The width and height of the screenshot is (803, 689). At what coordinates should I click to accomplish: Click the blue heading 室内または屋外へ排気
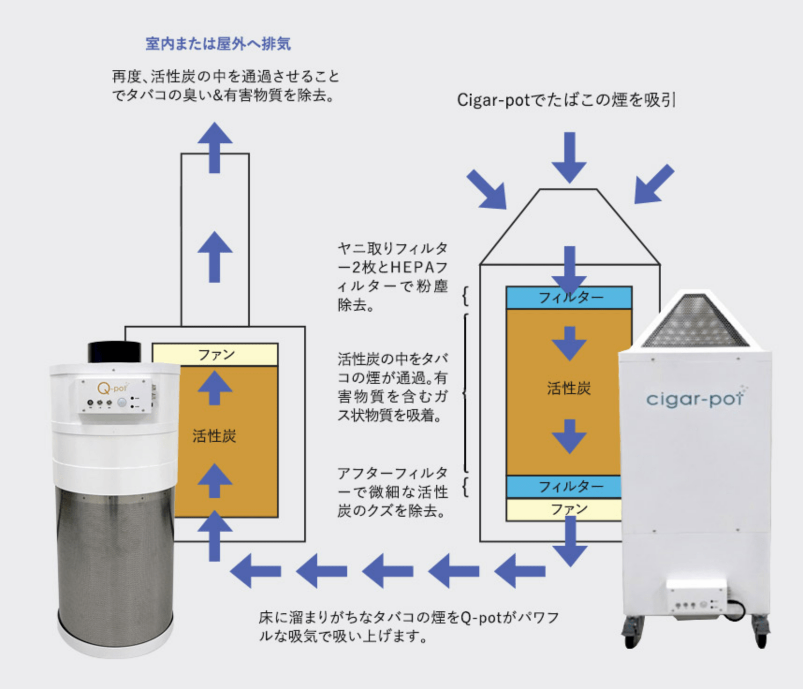pyautogui.click(x=218, y=44)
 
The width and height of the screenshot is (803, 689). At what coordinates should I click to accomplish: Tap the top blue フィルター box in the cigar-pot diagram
pyautogui.click(x=569, y=298)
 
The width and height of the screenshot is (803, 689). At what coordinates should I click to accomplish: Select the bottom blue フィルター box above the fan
pyautogui.click(x=564, y=487)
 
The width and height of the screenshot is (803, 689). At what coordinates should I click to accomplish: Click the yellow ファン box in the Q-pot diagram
pyautogui.click(x=216, y=355)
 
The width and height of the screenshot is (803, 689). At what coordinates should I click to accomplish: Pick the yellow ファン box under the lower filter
pyautogui.click(x=564, y=510)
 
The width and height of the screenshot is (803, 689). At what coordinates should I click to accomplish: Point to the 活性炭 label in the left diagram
pyautogui.click(x=214, y=436)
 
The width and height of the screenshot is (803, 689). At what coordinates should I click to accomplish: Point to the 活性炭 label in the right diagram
pyautogui.click(x=569, y=388)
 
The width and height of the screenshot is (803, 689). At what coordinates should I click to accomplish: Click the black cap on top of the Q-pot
pyautogui.click(x=115, y=352)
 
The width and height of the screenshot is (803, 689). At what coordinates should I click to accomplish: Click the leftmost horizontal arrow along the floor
pyautogui.click(x=255, y=571)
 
